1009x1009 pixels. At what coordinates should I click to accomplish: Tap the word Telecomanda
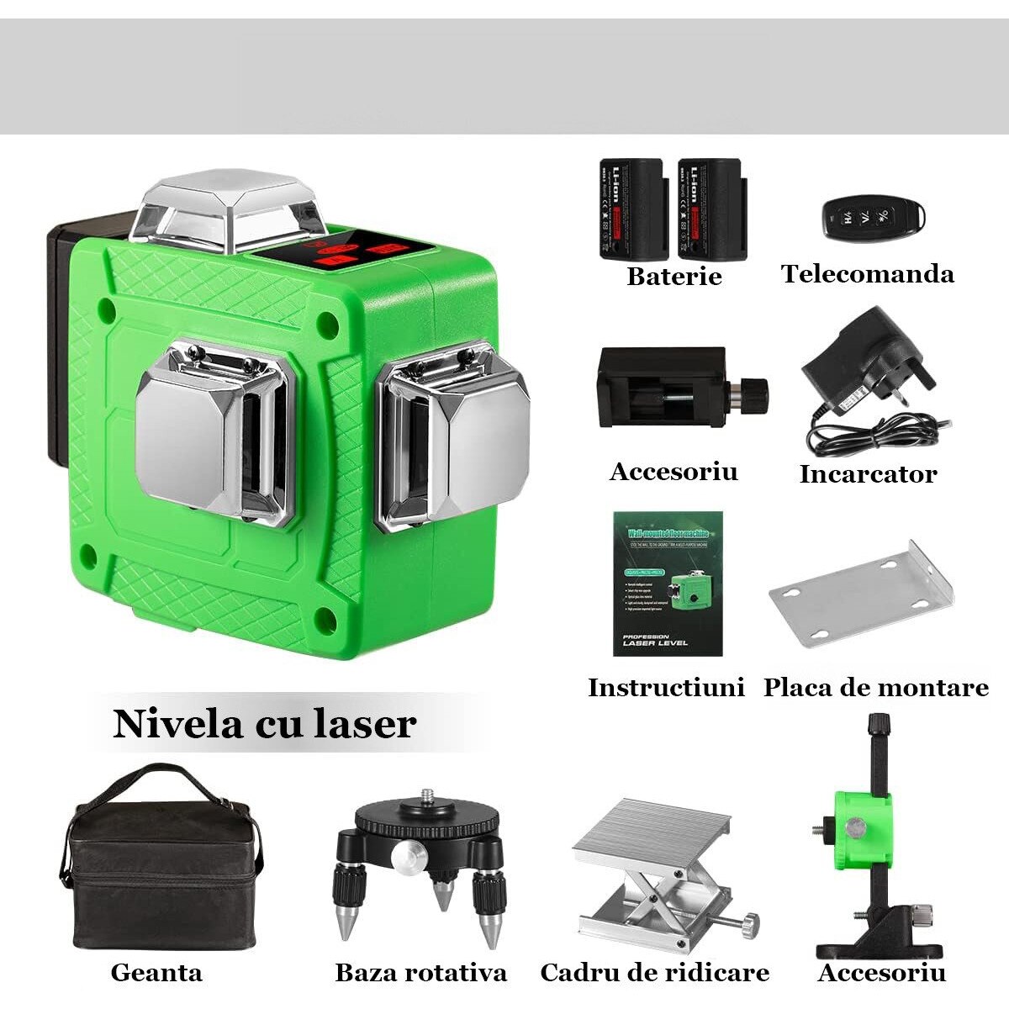(x=867, y=273)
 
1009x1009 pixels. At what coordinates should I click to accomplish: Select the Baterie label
(x=674, y=276)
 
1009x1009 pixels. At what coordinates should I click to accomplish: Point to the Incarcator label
(x=867, y=473)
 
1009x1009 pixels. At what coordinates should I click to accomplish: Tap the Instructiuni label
(x=666, y=687)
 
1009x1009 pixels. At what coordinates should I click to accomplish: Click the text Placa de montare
(x=875, y=687)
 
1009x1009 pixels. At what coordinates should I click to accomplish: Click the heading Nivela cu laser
(x=264, y=723)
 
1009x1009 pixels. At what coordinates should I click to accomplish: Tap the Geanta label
(x=156, y=973)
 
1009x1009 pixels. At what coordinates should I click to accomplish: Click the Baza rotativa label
(x=420, y=973)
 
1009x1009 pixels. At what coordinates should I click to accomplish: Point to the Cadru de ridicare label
(x=654, y=973)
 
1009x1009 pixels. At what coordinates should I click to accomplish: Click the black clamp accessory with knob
(x=673, y=388)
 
